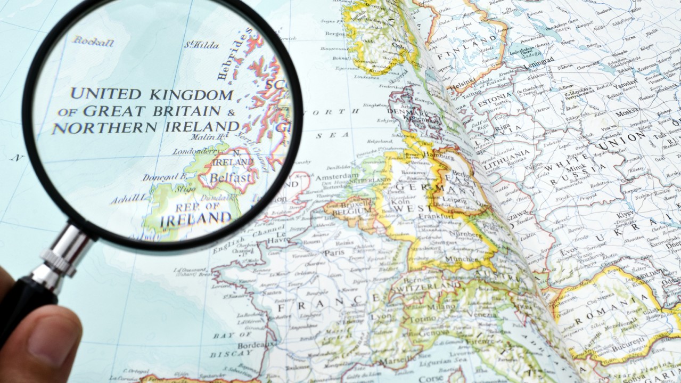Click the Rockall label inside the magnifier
click(94, 42)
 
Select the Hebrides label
click(236, 55)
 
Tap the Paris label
click(334, 252)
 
